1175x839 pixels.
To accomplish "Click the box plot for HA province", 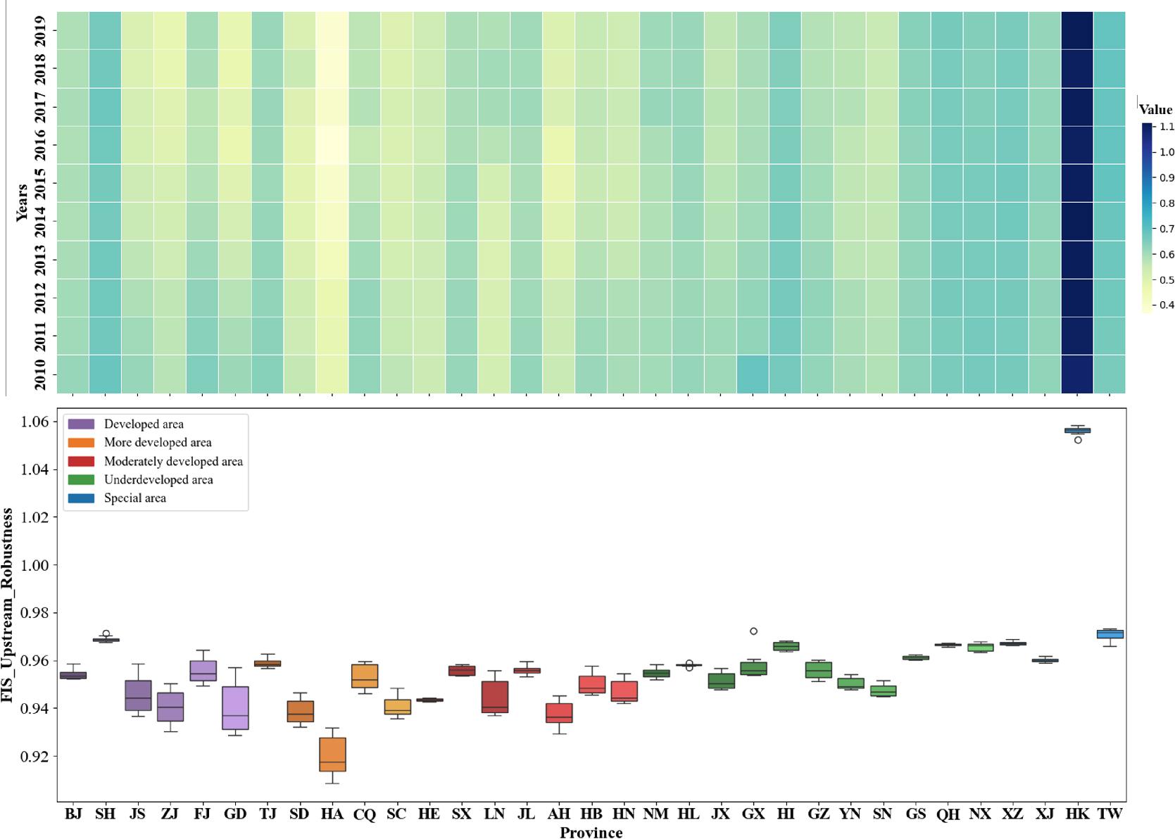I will point(332,755).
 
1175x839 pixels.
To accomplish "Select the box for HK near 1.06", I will point(1077,430).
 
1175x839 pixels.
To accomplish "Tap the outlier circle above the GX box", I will point(753,631).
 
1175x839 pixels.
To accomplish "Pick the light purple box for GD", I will point(235,707).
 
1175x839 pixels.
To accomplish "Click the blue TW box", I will point(1110,634).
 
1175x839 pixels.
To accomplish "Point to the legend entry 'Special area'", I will point(134,498).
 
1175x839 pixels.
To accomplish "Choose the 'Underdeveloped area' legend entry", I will point(158,480).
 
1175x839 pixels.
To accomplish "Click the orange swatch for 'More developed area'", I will point(80,443).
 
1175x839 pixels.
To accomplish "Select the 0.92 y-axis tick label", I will point(35,757).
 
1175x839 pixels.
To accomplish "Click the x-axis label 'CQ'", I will point(365,814).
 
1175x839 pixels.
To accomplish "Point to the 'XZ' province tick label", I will point(1012,814).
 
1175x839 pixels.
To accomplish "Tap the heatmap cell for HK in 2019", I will point(1077,31).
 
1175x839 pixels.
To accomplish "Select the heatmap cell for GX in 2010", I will point(753,374).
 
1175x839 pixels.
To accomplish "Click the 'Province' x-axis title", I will point(591,833).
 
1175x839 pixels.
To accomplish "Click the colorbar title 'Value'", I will point(1155,109).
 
